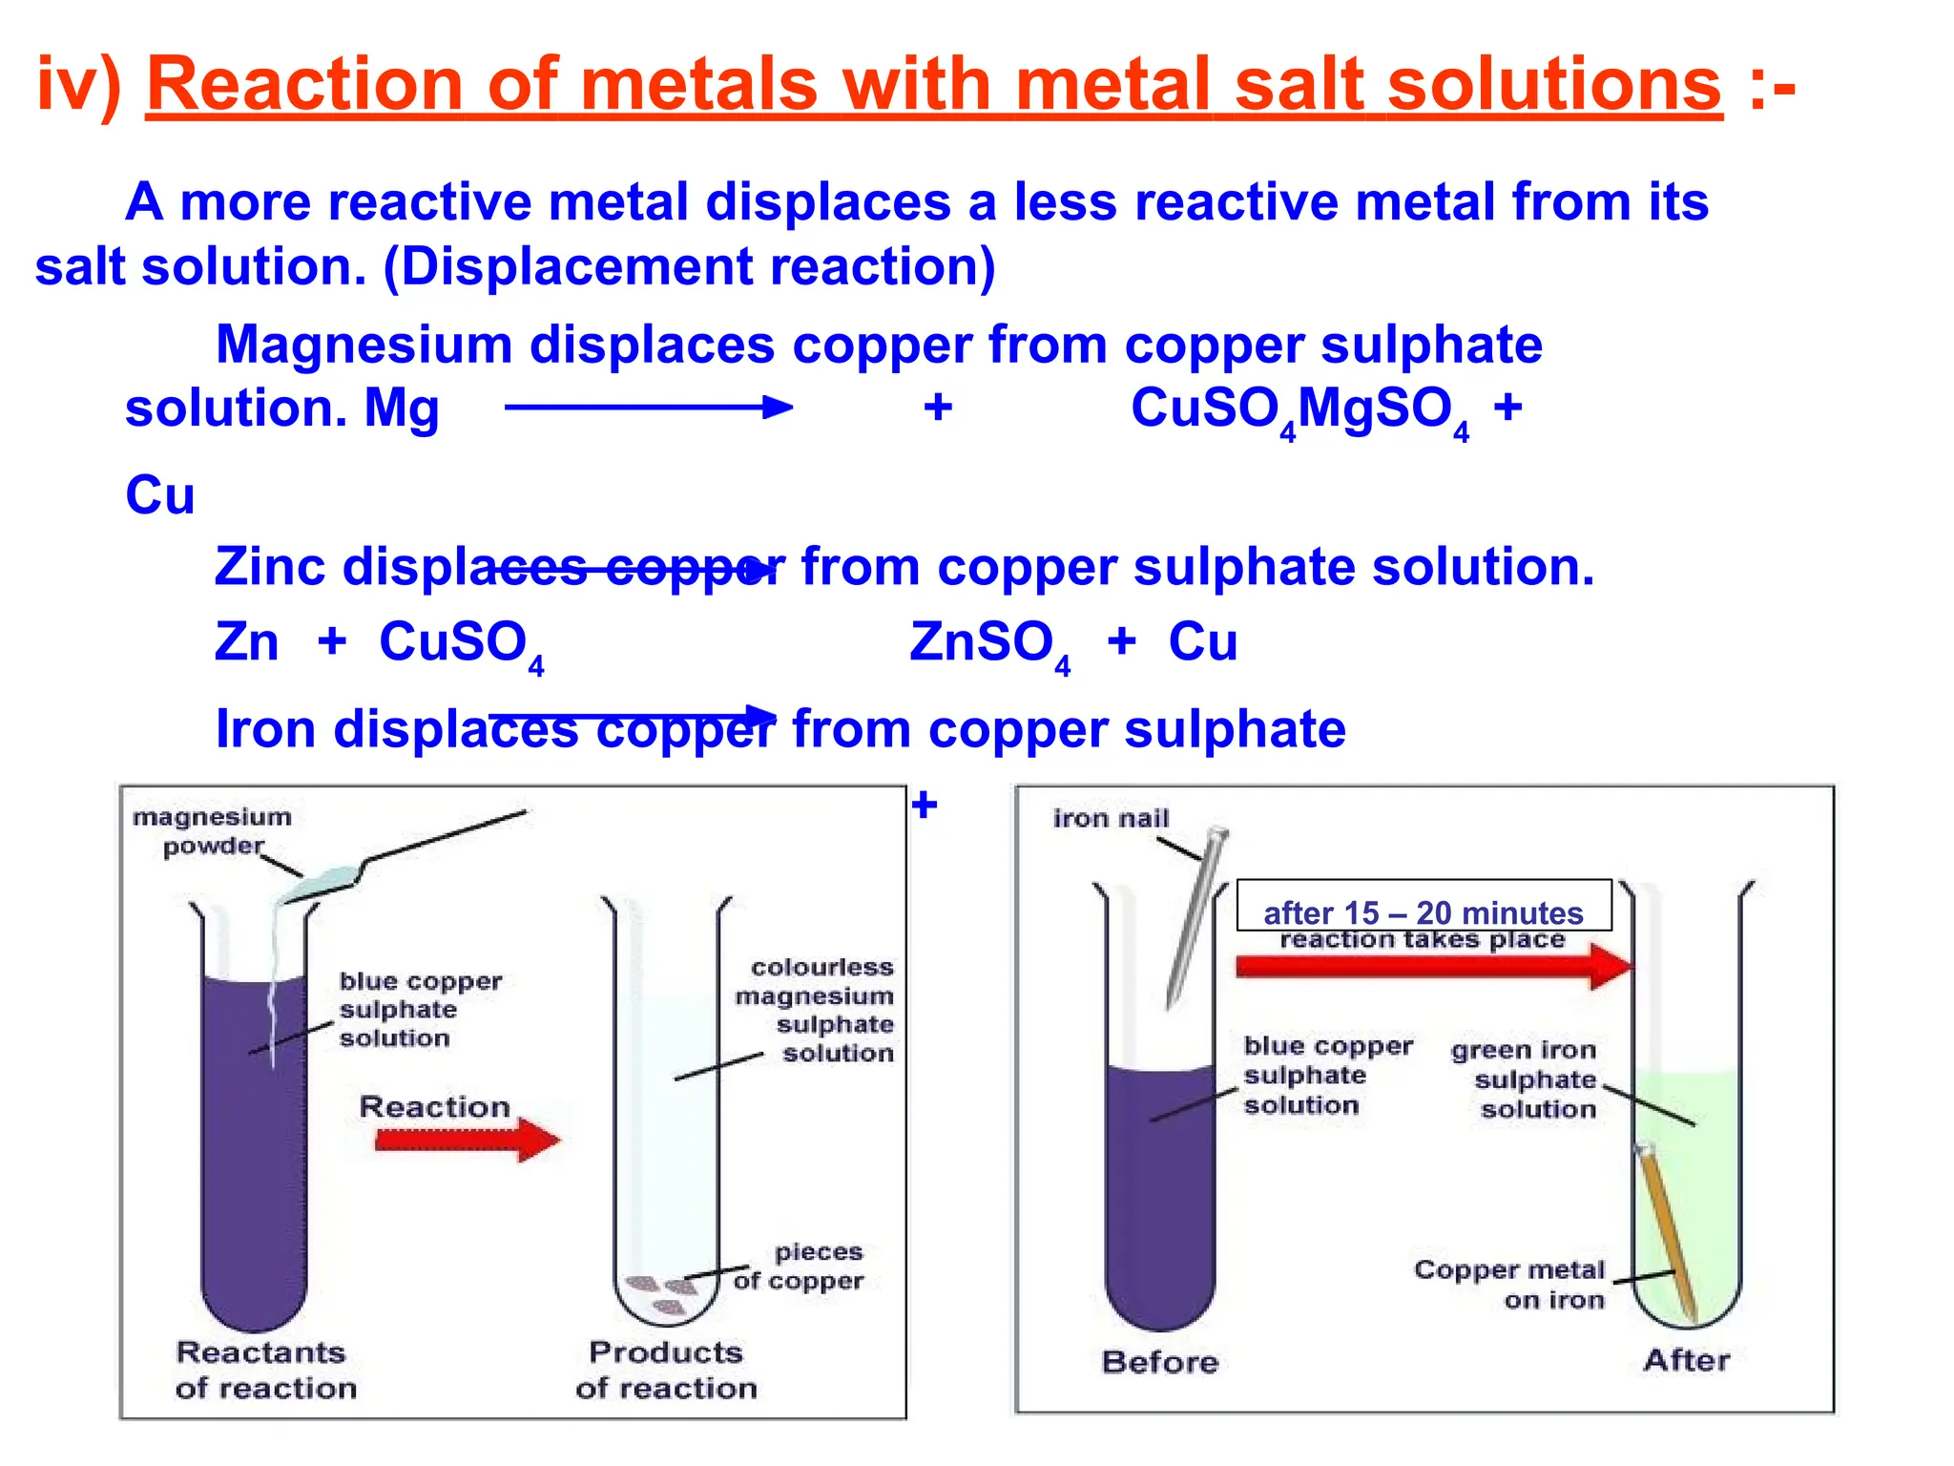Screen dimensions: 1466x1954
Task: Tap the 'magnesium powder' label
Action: pos(212,831)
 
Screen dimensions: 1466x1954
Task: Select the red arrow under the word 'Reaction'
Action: pos(467,1140)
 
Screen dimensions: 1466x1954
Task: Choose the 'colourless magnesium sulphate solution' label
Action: pos(817,1010)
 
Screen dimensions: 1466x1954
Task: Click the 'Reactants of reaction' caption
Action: pos(265,1370)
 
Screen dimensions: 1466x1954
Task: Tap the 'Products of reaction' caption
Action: pos(666,1370)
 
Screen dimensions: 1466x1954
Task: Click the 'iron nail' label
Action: pos(1111,818)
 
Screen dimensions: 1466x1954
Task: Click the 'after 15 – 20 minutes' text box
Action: pos(1424,905)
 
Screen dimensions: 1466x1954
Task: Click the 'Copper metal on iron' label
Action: pos(1510,1285)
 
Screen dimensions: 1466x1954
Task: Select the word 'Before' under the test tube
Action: pos(1160,1362)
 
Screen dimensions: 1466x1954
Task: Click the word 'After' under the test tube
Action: pos(1686,1360)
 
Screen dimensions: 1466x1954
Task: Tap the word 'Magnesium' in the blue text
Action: pos(364,345)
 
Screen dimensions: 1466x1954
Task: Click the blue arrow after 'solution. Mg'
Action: pos(649,408)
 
